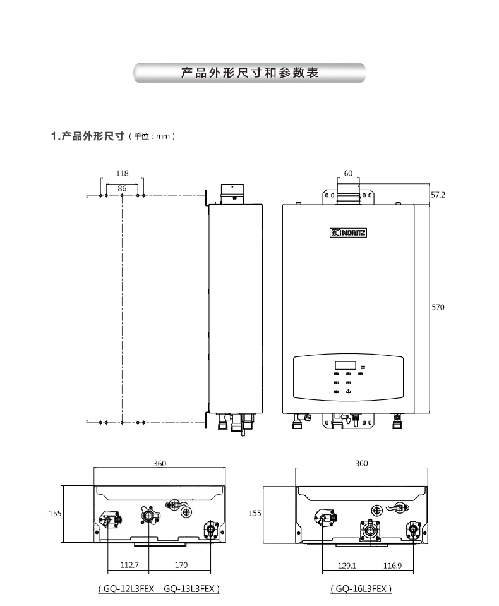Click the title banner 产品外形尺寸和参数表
click(x=249, y=73)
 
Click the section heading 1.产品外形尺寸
click(x=87, y=136)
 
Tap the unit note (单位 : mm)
click(x=151, y=136)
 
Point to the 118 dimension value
click(x=122, y=173)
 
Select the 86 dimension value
click(x=122, y=188)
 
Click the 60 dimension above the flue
click(x=348, y=173)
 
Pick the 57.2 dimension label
click(x=438, y=195)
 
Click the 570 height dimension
click(x=438, y=307)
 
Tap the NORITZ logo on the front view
click(x=348, y=232)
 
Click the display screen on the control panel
click(x=346, y=365)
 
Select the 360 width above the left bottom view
click(x=160, y=463)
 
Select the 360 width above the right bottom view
click(x=361, y=463)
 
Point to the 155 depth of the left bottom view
click(x=55, y=514)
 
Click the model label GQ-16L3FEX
click(x=361, y=589)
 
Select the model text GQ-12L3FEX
click(x=129, y=589)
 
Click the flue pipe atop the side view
click(x=232, y=193)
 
